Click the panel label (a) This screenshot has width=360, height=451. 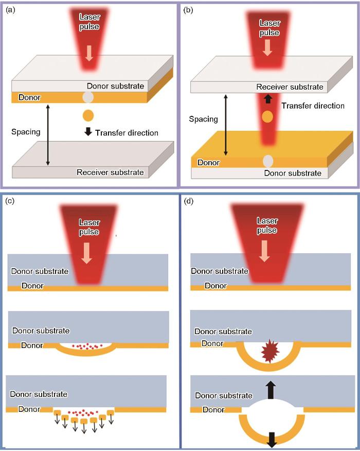[x=10, y=10]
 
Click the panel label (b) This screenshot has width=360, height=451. [x=188, y=10]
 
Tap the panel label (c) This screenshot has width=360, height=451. [x=10, y=201]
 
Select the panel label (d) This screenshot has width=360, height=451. [x=188, y=201]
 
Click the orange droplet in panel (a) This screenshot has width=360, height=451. [x=88, y=115]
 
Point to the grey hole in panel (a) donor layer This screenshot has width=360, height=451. [x=88, y=97]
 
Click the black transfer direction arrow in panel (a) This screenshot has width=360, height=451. [x=88, y=131]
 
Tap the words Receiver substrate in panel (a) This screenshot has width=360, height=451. [x=110, y=172]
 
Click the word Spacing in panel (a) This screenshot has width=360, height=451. [x=26, y=132]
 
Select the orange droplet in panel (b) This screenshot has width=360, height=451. [x=267, y=117]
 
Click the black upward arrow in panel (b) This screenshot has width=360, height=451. [x=268, y=99]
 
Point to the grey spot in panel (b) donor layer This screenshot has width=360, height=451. [x=268, y=161]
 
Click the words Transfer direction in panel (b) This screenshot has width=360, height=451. [x=313, y=106]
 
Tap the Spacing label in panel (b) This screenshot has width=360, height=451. [x=204, y=119]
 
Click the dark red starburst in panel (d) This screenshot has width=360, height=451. [x=270, y=351]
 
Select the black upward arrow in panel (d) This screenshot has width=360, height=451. [x=271, y=390]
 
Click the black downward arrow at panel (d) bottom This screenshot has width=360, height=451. [x=271, y=440]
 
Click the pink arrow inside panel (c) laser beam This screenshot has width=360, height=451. [x=86, y=253]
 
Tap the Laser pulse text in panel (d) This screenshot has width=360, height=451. [x=267, y=225]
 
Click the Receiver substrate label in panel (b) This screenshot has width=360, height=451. [x=290, y=87]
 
